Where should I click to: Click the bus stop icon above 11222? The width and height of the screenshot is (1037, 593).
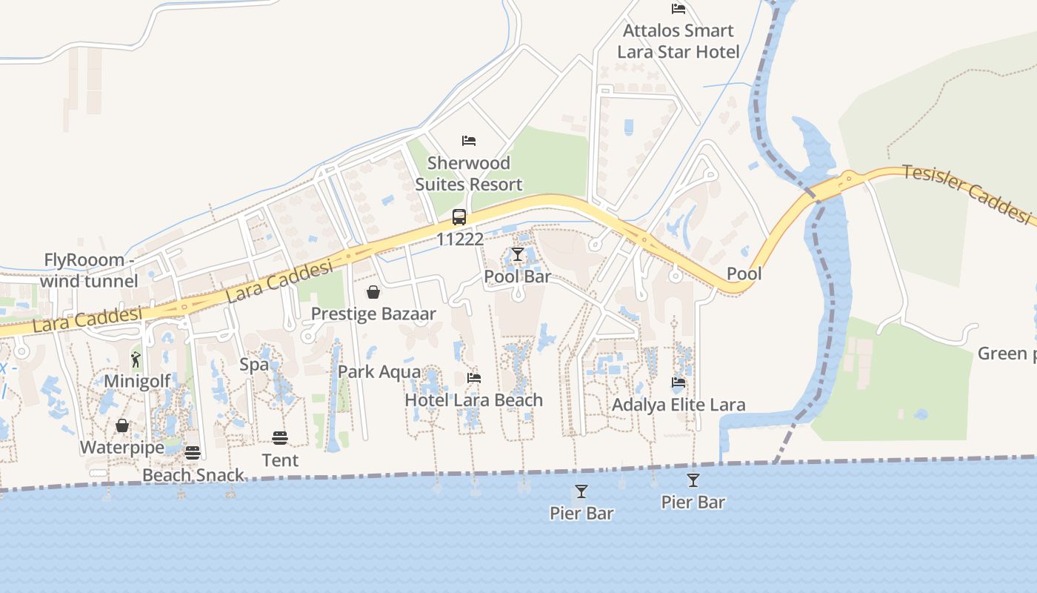pos(459,217)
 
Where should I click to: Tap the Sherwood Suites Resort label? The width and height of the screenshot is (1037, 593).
pos(469,173)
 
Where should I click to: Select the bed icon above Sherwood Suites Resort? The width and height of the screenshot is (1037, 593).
pos(469,140)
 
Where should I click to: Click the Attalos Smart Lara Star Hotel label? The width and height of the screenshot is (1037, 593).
pos(678,41)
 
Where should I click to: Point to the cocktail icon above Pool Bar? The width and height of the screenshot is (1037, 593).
pos(518,255)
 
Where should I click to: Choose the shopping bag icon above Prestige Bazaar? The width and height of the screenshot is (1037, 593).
pos(373,292)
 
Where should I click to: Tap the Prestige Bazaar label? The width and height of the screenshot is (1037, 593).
pos(373,314)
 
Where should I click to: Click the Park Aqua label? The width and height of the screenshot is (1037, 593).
pos(379,372)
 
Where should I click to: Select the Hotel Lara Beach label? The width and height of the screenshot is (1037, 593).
pos(473,400)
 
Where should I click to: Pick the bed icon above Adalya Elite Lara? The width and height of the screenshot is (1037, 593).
pos(678,383)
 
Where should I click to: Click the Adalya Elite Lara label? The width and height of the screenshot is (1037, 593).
pos(678,405)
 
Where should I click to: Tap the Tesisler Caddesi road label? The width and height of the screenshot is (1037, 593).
pos(967,193)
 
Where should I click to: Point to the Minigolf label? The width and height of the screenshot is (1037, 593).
pos(137,381)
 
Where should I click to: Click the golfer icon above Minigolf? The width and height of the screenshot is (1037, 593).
pos(136,360)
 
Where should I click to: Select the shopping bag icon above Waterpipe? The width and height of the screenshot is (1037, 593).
pos(122,425)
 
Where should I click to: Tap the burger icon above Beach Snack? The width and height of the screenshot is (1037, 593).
pos(193,453)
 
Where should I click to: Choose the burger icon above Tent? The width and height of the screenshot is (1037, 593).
pos(280,438)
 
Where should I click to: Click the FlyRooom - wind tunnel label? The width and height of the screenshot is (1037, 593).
pos(89,271)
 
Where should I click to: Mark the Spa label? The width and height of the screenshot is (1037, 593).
pos(254,365)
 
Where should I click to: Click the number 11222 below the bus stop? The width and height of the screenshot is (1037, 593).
pos(460,239)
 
